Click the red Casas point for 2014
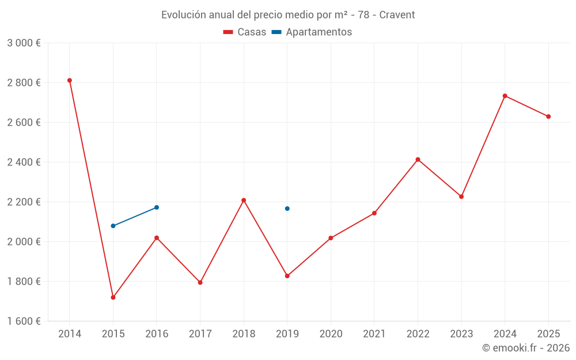pyautogui.click(x=70, y=81)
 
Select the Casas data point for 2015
pyautogui.click(x=113, y=297)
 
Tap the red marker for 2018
pyautogui.click(x=244, y=200)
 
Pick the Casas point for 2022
pyautogui.click(x=418, y=160)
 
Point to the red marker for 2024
pyautogui.click(x=505, y=96)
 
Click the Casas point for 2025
pyautogui.click(x=548, y=116)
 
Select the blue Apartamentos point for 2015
pyautogui.click(x=113, y=226)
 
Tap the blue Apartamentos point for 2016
pyautogui.click(x=157, y=207)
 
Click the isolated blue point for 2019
pyautogui.click(x=287, y=209)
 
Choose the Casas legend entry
pyautogui.click(x=245, y=32)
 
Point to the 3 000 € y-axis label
pyautogui.click(x=24, y=43)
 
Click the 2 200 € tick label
pyautogui.click(x=24, y=202)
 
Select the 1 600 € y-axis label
pyautogui.click(x=24, y=321)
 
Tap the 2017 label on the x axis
pyautogui.click(x=200, y=334)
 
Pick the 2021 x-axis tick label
pyautogui.click(x=374, y=334)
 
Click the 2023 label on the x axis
pyautogui.click(x=461, y=334)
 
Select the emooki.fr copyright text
pyautogui.click(x=526, y=348)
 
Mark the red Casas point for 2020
pyautogui.click(x=331, y=238)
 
